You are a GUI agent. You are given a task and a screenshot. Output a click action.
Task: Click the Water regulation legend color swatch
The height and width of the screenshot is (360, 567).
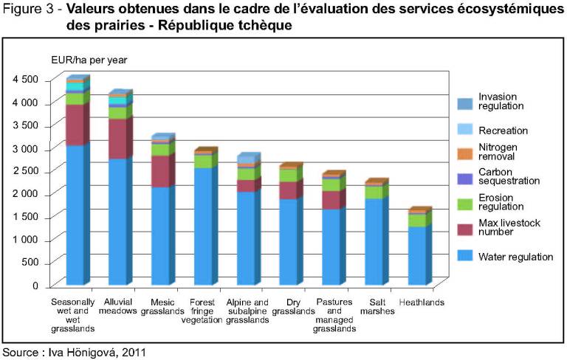point(465,256)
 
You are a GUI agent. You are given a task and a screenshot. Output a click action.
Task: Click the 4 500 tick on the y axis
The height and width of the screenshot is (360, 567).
point(25,80)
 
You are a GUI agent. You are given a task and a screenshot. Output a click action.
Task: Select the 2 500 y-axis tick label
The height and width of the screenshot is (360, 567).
point(25,171)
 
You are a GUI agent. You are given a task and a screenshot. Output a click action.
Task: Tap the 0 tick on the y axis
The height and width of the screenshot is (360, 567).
point(35,285)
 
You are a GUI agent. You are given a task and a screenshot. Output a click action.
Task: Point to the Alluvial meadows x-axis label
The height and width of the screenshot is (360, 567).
point(117,307)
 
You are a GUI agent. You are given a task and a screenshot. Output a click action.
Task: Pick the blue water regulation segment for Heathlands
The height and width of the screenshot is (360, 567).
point(418,255)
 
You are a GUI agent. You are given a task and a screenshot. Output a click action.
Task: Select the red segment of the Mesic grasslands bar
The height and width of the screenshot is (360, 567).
point(159,171)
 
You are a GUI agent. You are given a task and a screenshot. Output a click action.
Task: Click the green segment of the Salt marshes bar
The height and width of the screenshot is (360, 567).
point(375,192)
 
